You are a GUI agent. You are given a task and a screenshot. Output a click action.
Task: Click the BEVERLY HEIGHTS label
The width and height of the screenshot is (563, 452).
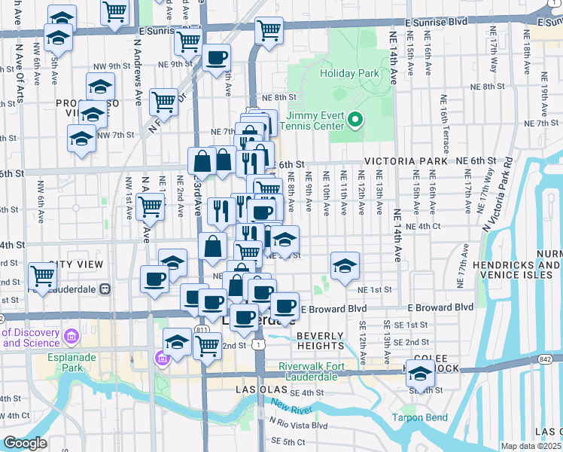pos(320,341)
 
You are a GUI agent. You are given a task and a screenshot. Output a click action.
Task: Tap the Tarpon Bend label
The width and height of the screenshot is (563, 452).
pos(419,417)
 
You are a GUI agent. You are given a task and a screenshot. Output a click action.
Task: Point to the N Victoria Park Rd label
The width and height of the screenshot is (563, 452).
pos(496,193)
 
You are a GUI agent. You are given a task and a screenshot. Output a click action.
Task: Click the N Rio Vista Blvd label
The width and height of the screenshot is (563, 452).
pos(299,425)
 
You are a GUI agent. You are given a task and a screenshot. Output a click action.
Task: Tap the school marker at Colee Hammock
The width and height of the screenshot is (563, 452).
pos(420,372)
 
